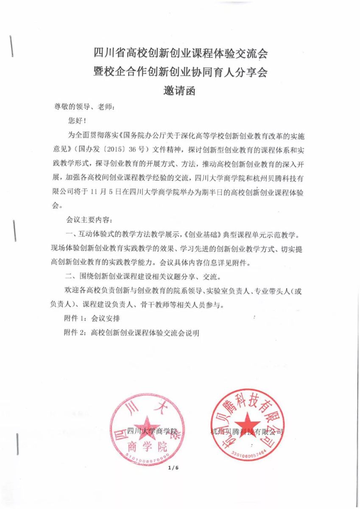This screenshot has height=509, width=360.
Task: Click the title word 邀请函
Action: [x=179, y=91]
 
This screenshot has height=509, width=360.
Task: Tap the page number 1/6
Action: [x=174, y=468]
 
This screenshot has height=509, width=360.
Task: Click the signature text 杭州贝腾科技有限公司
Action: [x=247, y=432]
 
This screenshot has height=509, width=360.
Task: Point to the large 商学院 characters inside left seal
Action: [x=147, y=446]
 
